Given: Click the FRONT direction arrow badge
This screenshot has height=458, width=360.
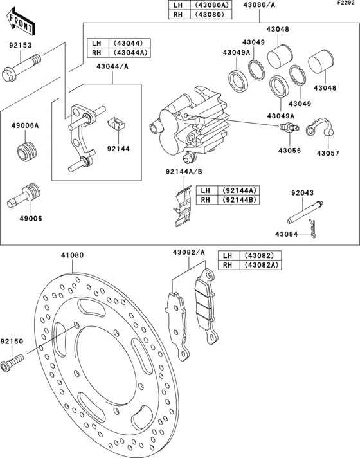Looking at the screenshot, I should [x=21, y=23].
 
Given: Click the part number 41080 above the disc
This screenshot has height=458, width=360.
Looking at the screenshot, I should [x=72, y=255].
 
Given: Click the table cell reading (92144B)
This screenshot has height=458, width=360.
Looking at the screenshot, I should [x=240, y=200].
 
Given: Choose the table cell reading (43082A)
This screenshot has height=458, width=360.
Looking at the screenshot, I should [x=260, y=265].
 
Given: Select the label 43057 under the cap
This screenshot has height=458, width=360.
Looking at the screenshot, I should [x=327, y=153].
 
